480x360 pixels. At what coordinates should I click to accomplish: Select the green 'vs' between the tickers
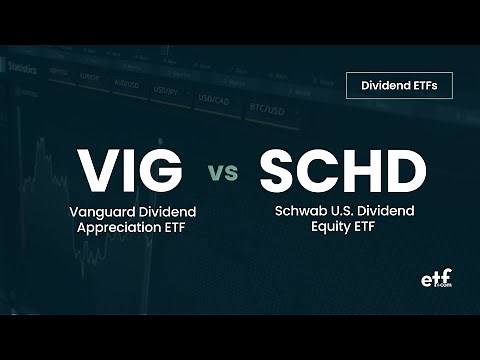pos(224,173)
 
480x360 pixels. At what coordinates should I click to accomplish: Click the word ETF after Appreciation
pos(173,229)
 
